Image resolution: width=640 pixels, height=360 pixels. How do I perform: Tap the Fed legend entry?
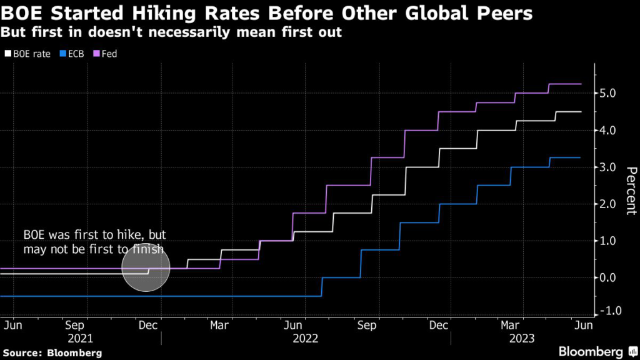point(107,54)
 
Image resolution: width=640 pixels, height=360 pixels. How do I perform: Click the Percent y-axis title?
point(631,191)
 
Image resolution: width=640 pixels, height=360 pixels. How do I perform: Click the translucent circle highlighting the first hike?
point(146,267)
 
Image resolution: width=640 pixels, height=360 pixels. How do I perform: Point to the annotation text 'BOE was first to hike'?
point(94,236)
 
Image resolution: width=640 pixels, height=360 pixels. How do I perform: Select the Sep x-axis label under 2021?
point(74,325)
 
